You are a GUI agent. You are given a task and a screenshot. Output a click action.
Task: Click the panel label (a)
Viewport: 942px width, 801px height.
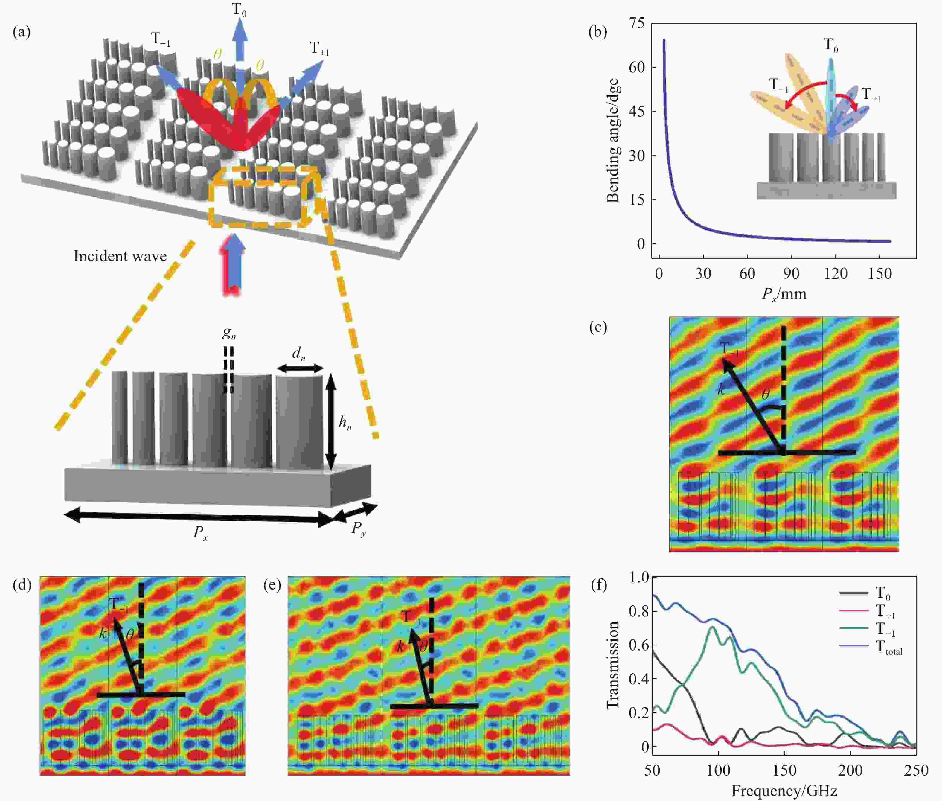[22, 32]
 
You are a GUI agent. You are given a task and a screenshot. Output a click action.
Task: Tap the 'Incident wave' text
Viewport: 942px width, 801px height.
[120, 256]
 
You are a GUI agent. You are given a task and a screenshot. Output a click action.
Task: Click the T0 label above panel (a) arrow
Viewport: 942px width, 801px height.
[239, 10]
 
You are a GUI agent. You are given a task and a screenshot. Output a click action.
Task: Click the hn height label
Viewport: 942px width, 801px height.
[345, 423]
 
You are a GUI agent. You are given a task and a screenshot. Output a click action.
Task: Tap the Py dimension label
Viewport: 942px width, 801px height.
[359, 528]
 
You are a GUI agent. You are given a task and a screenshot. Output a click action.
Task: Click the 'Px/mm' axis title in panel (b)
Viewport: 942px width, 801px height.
[784, 294]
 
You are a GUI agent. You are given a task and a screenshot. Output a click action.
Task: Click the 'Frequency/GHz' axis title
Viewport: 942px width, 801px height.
[784, 791]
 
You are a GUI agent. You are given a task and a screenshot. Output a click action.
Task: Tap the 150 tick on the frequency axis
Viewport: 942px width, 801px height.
[784, 770]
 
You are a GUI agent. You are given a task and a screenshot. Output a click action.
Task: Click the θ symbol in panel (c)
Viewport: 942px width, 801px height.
[765, 394]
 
